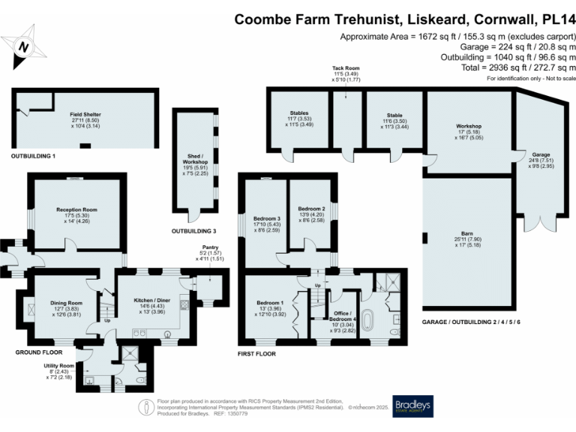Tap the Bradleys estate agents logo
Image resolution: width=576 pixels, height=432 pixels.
click(x=412, y=405)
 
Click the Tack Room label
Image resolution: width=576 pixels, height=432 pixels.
click(x=345, y=67)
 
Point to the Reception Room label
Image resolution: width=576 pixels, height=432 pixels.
click(x=76, y=210)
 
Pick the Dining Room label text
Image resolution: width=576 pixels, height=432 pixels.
click(x=65, y=302)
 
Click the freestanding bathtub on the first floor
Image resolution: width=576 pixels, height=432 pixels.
click(x=367, y=319)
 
